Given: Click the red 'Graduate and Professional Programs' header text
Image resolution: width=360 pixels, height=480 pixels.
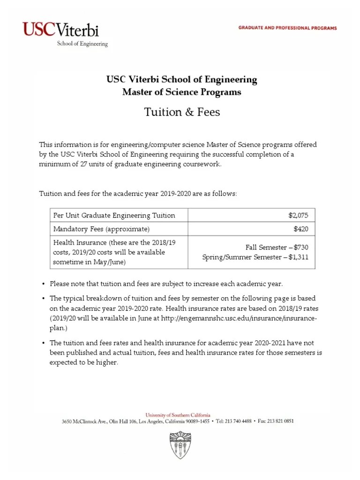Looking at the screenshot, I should (x=288, y=28).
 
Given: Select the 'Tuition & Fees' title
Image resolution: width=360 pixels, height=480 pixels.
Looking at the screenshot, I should (x=181, y=112).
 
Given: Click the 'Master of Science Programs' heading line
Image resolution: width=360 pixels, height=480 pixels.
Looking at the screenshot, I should (x=181, y=92).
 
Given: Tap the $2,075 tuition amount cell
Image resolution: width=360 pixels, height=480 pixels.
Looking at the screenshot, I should (x=298, y=215).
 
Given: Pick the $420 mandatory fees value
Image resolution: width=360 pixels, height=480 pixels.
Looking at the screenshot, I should (x=301, y=229).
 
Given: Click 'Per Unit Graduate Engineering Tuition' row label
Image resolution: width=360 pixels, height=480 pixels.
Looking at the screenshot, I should (x=114, y=215).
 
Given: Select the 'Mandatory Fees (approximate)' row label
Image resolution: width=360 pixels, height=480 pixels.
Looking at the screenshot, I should (x=102, y=229).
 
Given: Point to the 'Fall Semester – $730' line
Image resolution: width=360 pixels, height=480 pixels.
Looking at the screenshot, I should (x=277, y=247).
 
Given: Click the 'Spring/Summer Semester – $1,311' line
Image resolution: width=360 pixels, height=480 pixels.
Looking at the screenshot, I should (x=255, y=257).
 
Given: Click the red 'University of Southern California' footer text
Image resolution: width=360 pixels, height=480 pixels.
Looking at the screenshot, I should (x=178, y=415).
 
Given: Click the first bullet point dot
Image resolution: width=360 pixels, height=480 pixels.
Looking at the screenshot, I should (x=43, y=284).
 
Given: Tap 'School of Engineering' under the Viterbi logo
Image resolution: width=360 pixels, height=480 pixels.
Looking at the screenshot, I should (x=82, y=44).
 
